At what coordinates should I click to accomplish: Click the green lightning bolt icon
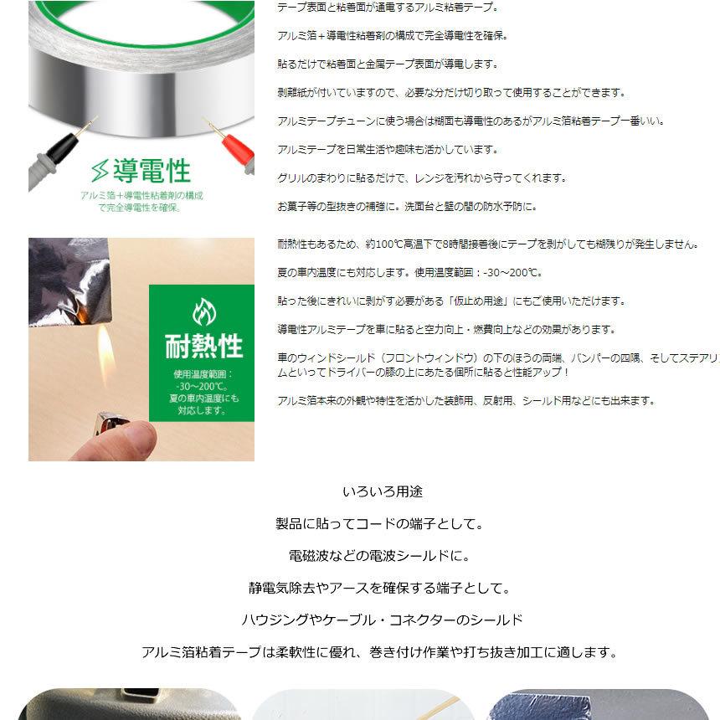100,170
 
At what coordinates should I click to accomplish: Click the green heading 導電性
152,171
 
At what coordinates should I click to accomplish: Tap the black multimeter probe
59,152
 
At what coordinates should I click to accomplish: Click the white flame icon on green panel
204,311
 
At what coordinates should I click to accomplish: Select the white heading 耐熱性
203,346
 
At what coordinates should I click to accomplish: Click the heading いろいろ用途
383,491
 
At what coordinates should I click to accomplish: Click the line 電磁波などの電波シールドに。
379,556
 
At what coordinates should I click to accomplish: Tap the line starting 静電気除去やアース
379,589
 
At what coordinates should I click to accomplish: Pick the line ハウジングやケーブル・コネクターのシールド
382,620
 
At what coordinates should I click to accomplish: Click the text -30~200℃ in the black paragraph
512,273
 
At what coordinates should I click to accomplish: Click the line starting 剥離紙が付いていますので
451,93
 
